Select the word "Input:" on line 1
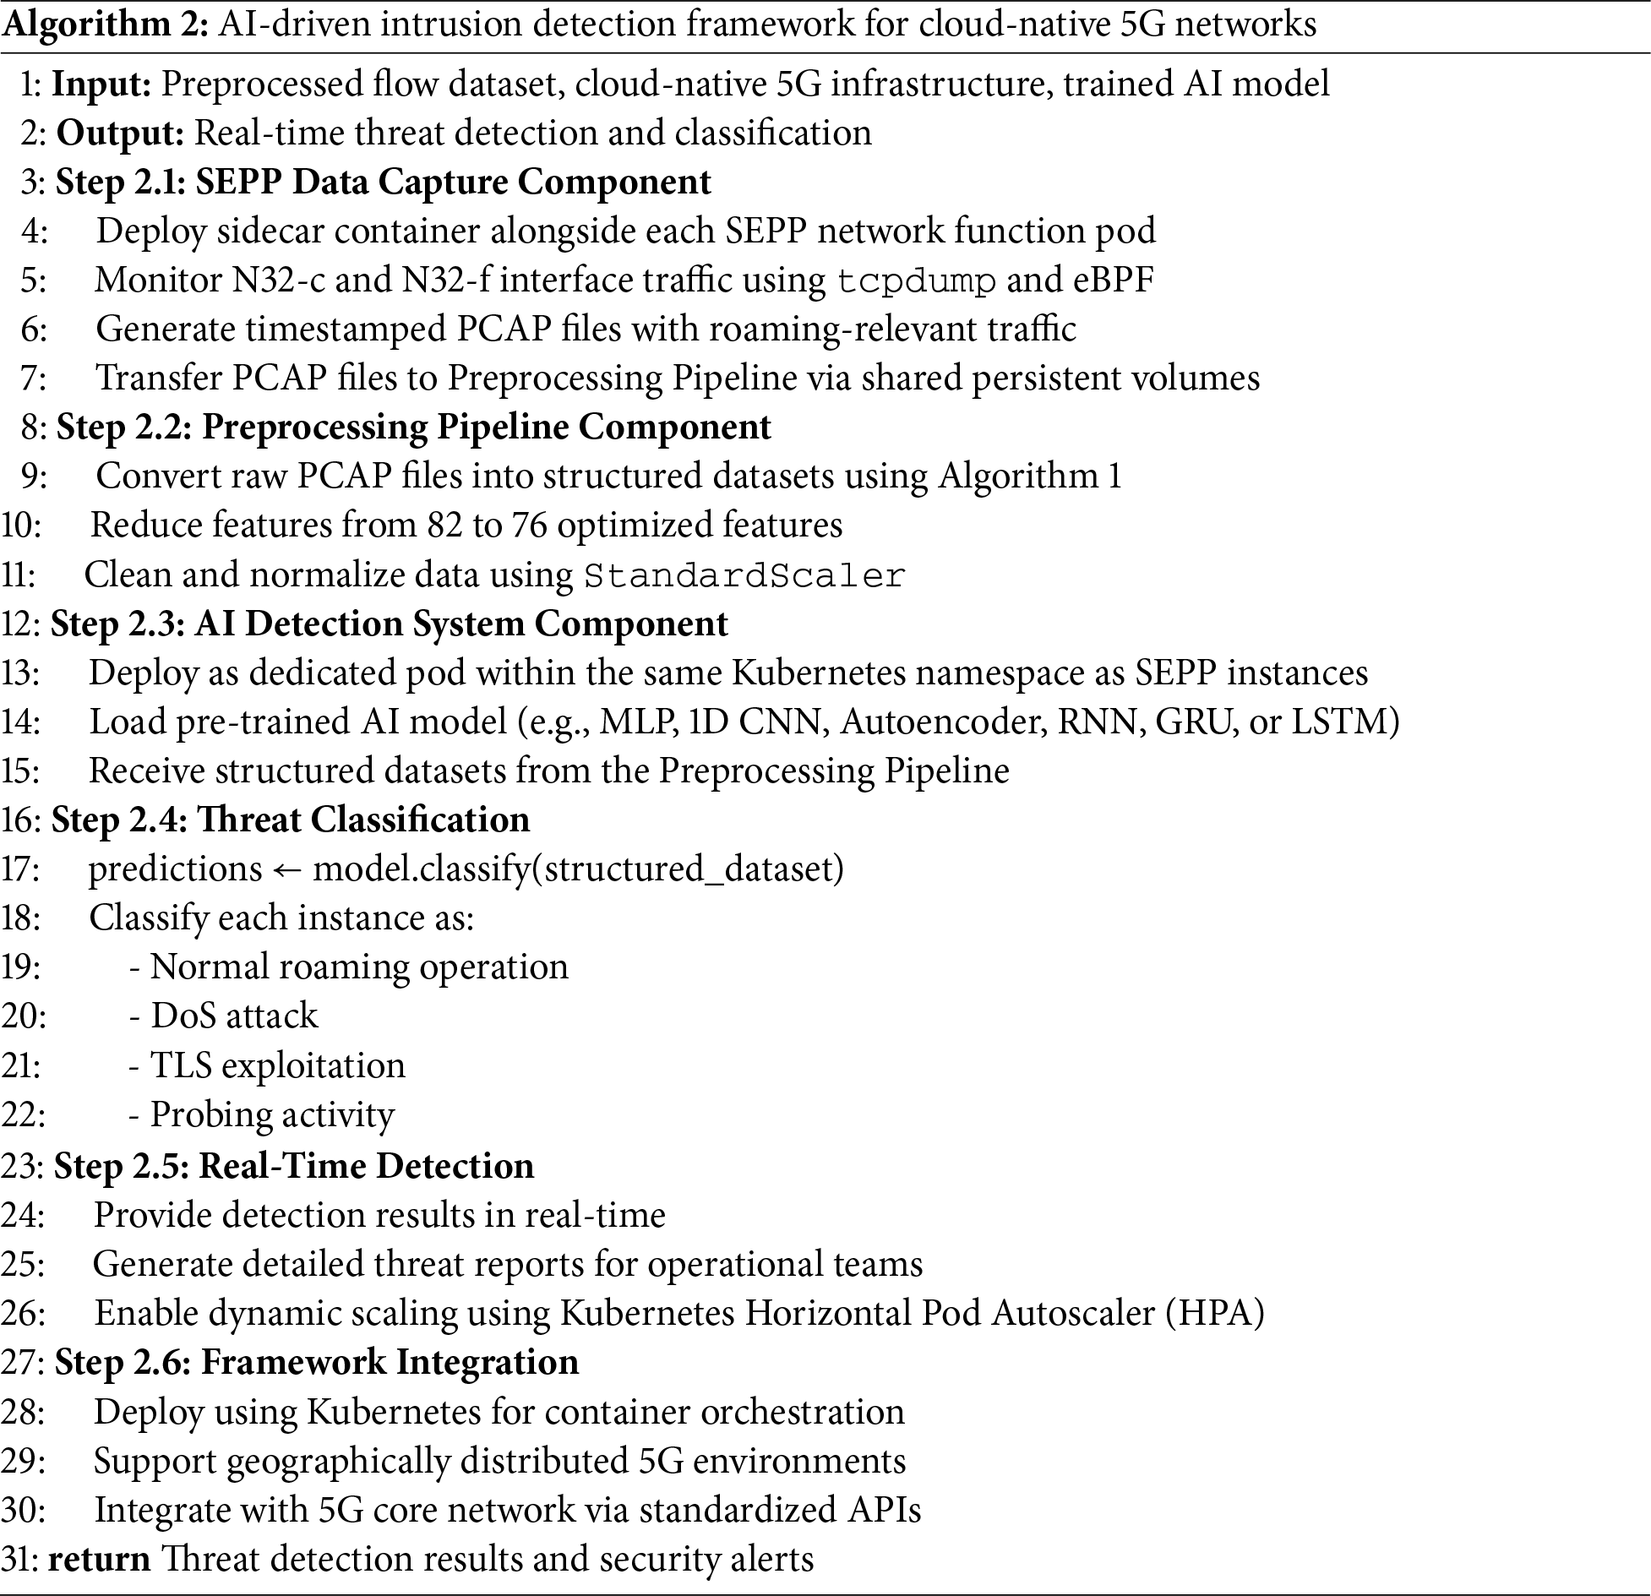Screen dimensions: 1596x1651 pyautogui.click(x=101, y=84)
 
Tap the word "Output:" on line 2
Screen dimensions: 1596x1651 pyautogui.click(x=121, y=133)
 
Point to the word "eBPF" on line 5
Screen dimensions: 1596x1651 pyautogui.click(x=1114, y=280)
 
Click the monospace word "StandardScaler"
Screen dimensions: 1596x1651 pyautogui.click(x=744, y=576)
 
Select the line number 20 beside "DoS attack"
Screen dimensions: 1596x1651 pyautogui.click(x=23, y=1016)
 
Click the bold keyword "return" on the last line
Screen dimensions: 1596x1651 pyautogui.click(x=99, y=1559)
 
